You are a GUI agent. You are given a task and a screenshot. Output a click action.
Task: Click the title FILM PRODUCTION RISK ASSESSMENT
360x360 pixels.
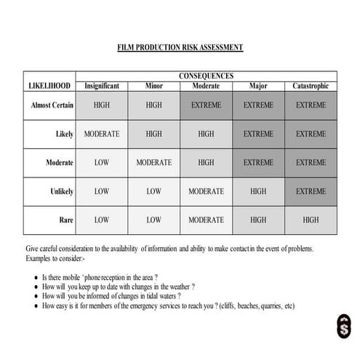[x=180, y=47]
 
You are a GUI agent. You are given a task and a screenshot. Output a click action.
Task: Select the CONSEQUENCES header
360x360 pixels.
[x=206, y=76]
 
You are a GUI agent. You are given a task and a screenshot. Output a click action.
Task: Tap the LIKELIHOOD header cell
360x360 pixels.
[x=49, y=86]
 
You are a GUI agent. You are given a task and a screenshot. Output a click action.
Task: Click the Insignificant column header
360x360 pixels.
[x=102, y=86]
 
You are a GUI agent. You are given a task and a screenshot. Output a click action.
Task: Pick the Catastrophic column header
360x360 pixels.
[x=311, y=86]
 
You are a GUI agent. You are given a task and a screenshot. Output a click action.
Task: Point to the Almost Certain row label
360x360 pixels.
[x=52, y=105]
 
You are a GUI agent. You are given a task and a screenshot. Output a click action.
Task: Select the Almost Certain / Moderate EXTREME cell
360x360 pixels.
[x=206, y=105]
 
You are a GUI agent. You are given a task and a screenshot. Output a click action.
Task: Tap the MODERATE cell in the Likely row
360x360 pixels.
[x=102, y=134]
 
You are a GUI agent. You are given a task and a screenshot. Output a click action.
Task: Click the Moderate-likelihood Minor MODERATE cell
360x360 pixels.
[x=153, y=163]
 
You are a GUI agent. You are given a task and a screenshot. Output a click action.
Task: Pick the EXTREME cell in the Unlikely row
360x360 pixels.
[x=311, y=191]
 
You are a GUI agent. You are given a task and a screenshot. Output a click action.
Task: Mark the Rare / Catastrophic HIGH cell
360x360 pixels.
[x=311, y=220]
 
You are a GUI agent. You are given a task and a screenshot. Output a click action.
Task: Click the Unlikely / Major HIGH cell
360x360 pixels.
[x=258, y=191]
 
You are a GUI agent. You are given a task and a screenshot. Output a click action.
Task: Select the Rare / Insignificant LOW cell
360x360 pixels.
[x=102, y=220]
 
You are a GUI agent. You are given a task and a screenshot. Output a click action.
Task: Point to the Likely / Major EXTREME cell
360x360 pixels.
[x=258, y=134]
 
